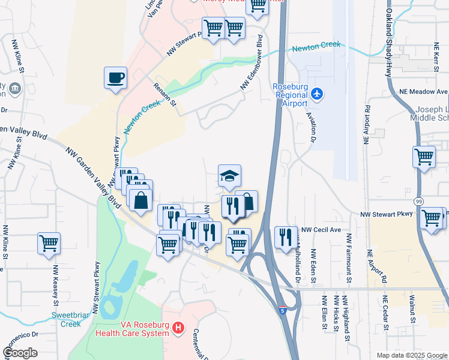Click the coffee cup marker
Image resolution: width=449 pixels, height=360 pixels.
pos(115,77)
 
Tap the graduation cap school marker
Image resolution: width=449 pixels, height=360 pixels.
pos(229,176)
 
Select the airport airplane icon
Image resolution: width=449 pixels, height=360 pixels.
pos(318,94)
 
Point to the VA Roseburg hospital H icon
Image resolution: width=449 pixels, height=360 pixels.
pos(178,328)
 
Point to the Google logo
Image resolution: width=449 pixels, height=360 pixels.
pos(20,353)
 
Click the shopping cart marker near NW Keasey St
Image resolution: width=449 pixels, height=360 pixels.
pos(49,243)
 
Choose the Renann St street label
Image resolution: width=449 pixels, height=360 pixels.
pos(164,95)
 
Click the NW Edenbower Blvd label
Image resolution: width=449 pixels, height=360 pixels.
pos(253,62)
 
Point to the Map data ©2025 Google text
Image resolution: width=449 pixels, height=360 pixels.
pos(412,355)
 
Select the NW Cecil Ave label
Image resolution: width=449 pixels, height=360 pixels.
pos(321,229)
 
